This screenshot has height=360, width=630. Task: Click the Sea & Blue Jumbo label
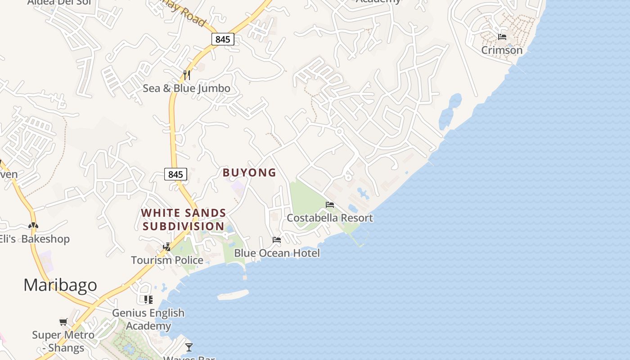click(x=186, y=88)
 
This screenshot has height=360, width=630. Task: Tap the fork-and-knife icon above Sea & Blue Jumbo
click(x=187, y=75)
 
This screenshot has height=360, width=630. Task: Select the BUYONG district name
click(x=249, y=172)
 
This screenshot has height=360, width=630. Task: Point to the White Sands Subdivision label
click(x=184, y=219)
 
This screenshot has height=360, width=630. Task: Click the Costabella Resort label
click(x=330, y=218)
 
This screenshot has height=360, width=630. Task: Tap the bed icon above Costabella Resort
click(x=330, y=205)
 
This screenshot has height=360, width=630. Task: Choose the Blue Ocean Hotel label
click(x=277, y=253)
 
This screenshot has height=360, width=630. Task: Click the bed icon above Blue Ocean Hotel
click(x=277, y=240)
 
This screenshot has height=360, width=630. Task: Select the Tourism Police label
click(x=167, y=260)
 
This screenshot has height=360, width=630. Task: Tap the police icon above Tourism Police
click(x=167, y=247)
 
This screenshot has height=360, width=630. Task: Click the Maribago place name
click(x=60, y=285)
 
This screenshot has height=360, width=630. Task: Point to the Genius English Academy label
click(x=148, y=319)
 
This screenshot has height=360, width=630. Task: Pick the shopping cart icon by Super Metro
click(x=63, y=322)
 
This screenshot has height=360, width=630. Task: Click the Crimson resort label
click(x=502, y=50)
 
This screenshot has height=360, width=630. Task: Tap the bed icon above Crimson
click(x=502, y=36)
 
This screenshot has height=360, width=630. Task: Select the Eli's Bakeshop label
click(x=35, y=238)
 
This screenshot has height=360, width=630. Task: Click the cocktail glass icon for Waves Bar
click(x=189, y=347)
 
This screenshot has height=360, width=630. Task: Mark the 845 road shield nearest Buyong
click(x=175, y=174)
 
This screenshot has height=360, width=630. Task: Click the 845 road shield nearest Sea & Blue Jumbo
click(x=223, y=39)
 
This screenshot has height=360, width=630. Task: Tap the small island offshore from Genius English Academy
click(x=233, y=295)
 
